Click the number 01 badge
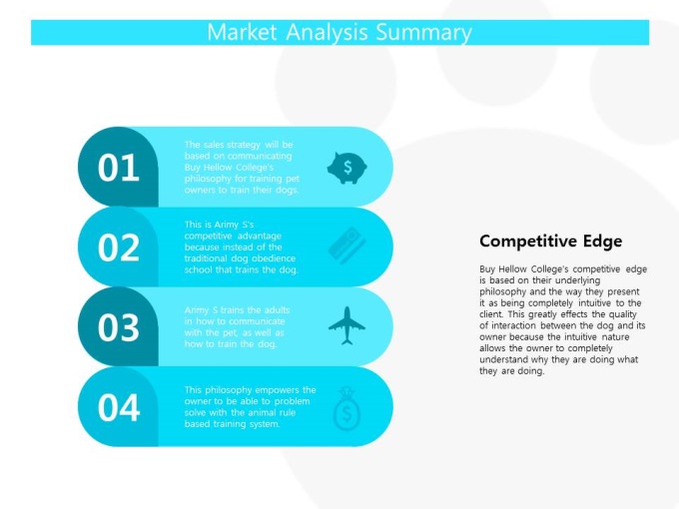118,167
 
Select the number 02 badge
118,248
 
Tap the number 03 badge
118,327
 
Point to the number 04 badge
118,407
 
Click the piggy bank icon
346,168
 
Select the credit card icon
346,246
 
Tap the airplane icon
346,325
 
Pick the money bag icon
346,408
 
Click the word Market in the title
242,32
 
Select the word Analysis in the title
327,33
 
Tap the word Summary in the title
423,33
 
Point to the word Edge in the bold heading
602,242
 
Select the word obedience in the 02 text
274,258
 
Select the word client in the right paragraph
490,314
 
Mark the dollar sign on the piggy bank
347,167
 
